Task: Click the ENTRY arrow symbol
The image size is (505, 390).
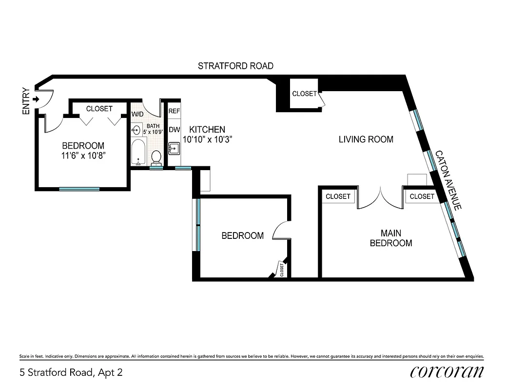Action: click(x=36, y=99)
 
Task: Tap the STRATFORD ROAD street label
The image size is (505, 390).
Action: click(x=235, y=66)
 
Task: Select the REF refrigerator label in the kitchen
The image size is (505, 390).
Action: click(x=174, y=111)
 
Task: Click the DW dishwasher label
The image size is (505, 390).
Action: click(x=174, y=130)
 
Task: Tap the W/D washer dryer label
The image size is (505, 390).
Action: click(x=137, y=114)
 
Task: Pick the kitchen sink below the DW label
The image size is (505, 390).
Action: click(x=174, y=148)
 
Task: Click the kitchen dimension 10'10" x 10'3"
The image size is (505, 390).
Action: click(x=207, y=139)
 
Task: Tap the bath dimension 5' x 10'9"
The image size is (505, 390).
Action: click(x=152, y=132)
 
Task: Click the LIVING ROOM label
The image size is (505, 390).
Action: click(x=366, y=139)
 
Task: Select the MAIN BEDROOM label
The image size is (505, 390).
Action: click(x=390, y=238)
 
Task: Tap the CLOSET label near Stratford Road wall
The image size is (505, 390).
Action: click(x=304, y=94)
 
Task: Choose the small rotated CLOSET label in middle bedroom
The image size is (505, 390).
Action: click(x=282, y=270)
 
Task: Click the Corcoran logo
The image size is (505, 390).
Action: click(x=447, y=372)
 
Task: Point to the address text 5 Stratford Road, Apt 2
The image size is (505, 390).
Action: click(x=71, y=373)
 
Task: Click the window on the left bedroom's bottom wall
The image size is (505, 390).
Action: click(x=79, y=189)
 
